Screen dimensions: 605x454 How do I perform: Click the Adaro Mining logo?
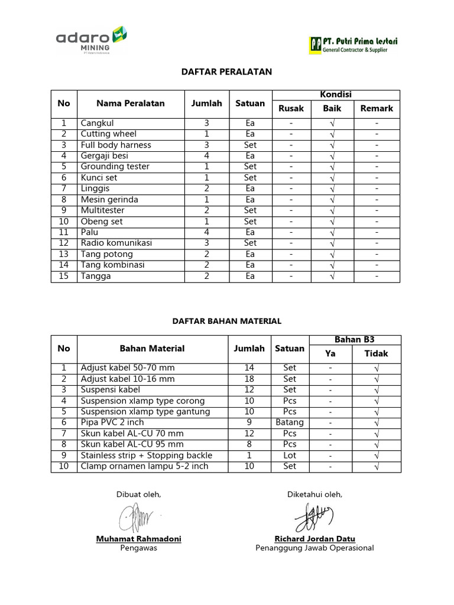92,40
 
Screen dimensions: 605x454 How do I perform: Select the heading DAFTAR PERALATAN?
226,71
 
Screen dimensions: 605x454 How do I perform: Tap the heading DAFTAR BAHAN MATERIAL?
226,321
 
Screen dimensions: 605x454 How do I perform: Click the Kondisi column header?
336,95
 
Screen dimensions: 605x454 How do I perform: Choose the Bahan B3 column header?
354,340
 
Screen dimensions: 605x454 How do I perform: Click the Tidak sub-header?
376,353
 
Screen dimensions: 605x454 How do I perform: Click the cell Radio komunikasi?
116,243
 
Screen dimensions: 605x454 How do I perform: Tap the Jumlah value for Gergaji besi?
206,156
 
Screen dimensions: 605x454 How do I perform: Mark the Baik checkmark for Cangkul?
332,123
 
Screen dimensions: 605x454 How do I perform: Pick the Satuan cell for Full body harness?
250,145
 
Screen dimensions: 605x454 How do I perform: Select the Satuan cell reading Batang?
289,422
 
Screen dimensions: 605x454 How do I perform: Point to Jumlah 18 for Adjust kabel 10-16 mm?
249,379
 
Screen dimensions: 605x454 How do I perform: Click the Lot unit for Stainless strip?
289,456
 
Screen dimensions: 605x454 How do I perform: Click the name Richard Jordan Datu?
314,539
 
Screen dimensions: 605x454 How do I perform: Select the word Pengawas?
138,548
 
